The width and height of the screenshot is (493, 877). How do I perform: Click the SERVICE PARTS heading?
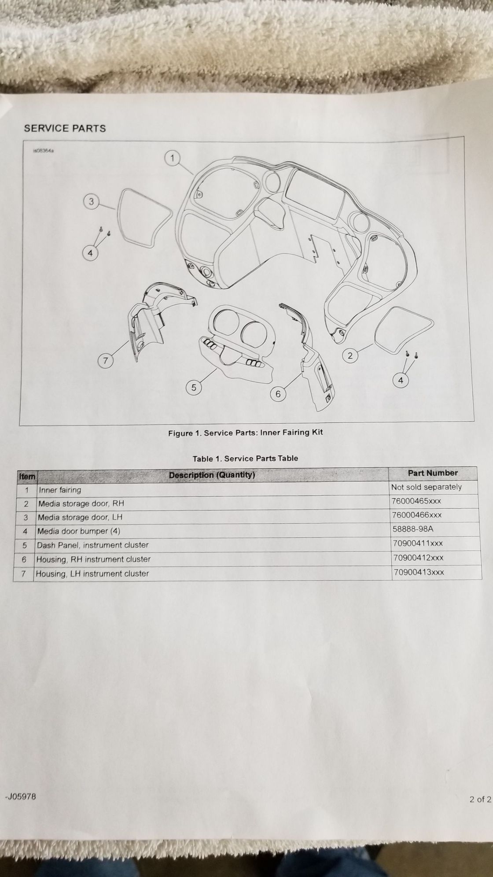65,128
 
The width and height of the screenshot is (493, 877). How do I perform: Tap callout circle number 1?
173,158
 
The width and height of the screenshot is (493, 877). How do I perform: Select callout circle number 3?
91,202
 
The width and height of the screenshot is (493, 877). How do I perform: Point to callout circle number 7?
105,361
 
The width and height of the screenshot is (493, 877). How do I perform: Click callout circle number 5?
194,388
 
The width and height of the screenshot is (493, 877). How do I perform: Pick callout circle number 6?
278,393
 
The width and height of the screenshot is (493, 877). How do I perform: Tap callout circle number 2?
350,355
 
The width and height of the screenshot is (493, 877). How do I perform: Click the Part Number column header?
433,473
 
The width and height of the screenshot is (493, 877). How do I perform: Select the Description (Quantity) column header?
212,475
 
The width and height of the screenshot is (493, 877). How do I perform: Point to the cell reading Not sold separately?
427,487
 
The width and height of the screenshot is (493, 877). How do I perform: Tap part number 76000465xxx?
416,501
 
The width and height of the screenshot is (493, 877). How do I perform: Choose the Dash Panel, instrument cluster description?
93,545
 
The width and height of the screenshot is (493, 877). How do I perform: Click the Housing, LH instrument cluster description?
92,574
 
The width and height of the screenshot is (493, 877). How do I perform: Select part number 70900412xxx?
418,558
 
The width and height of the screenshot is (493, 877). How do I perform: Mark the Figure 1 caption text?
246,433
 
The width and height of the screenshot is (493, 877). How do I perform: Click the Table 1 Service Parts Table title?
245,459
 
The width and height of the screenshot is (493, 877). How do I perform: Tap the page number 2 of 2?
480,799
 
